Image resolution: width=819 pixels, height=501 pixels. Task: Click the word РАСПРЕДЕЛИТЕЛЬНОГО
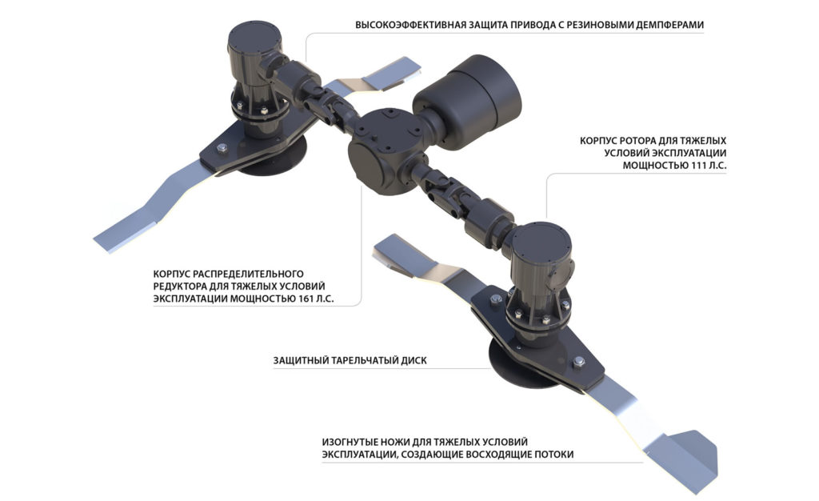(x=249, y=274)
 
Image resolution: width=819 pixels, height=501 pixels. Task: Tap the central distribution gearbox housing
(x=388, y=151)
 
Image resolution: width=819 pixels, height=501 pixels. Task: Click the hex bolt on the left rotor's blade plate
(x=222, y=148)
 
